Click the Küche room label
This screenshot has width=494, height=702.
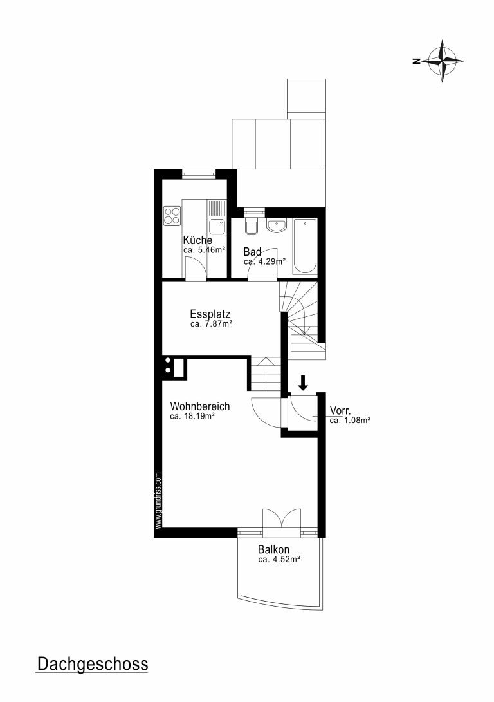(x=197, y=240)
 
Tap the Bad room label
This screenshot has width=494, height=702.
(x=252, y=252)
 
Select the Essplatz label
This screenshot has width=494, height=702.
(x=210, y=314)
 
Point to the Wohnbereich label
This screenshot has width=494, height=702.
(x=200, y=406)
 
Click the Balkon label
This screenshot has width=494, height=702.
(x=273, y=549)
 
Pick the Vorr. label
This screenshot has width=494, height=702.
(x=340, y=410)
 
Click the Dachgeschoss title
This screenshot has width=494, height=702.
(x=92, y=663)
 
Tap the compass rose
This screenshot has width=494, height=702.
(x=442, y=61)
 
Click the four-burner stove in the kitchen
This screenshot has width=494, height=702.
(x=172, y=215)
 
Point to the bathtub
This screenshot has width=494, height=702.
(x=305, y=246)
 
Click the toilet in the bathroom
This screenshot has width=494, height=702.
(x=252, y=226)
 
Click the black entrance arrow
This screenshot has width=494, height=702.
(x=303, y=383)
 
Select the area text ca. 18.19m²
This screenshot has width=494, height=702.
(x=193, y=416)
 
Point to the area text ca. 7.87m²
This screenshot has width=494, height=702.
(x=211, y=324)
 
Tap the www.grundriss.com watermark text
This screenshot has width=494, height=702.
(x=158, y=500)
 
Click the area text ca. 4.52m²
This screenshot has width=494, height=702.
(x=279, y=559)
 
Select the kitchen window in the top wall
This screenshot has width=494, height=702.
(x=199, y=174)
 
